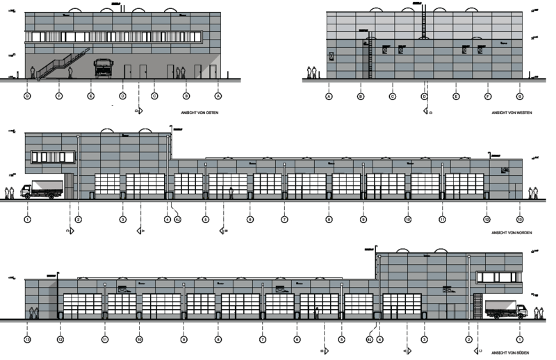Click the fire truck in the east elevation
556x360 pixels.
(x=104, y=68)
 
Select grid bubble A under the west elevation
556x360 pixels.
(x=329, y=96)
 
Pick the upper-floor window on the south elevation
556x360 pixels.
(x=498, y=277)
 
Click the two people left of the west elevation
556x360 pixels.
(x=314, y=72)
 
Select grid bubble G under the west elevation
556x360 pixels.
(x=519, y=96)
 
